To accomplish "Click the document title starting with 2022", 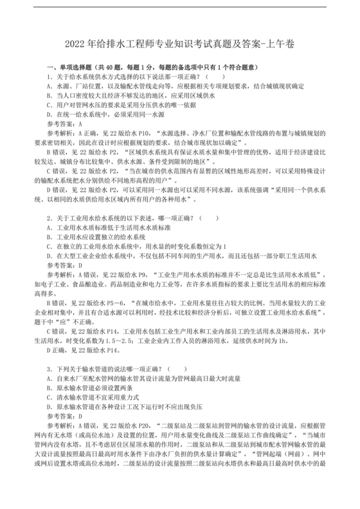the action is point(179,44).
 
